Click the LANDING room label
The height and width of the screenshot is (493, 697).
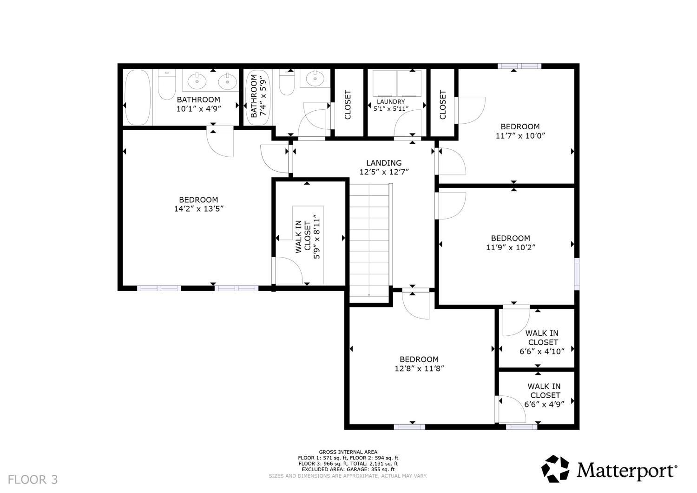384,163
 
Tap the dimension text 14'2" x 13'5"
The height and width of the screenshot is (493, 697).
199,209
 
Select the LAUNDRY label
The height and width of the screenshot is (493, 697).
391,101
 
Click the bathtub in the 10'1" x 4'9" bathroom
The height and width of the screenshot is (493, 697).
137,97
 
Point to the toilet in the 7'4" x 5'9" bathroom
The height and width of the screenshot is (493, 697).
287,82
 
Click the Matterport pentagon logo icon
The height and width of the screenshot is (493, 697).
555,469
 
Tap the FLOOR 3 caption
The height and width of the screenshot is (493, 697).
33,480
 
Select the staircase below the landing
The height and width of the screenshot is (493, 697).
369,243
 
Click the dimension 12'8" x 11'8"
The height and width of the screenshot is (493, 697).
419,368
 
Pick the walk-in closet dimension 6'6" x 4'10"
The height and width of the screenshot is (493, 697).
542,351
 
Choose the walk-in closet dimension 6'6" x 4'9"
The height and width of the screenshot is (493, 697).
544,404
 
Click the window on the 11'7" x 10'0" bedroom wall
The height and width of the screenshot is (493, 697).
519,66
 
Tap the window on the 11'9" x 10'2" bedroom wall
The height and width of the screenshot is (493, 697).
577,274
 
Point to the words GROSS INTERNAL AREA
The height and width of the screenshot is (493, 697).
348,452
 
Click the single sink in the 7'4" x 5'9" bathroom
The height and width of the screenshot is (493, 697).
315,78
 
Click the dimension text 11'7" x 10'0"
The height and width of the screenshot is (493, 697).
520,136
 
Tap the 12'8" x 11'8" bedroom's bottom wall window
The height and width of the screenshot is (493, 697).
409,426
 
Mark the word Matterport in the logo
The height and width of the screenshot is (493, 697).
627,470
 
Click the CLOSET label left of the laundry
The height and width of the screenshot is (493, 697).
348,105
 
